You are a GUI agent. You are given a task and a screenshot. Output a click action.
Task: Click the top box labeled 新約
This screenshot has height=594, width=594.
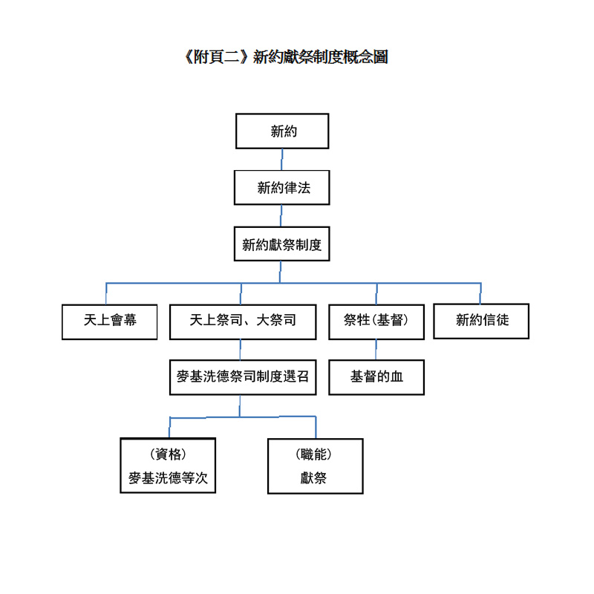click(282, 131)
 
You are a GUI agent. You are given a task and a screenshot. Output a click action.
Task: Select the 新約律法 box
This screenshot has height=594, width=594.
click(282, 188)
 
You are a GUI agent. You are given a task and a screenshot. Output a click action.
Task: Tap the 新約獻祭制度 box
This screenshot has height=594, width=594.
click(282, 244)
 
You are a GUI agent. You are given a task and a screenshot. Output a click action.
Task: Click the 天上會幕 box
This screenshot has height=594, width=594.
click(109, 322)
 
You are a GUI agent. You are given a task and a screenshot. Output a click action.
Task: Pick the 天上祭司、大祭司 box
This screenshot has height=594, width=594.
click(243, 322)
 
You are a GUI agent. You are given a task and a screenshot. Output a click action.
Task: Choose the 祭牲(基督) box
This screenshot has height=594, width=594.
click(376, 322)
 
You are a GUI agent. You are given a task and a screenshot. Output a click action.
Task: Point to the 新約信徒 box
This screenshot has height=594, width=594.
click(481, 322)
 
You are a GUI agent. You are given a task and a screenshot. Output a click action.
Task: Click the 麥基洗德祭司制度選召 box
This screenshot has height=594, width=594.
click(243, 377)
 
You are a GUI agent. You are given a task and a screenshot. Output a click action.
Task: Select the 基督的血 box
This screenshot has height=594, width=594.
click(376, 377)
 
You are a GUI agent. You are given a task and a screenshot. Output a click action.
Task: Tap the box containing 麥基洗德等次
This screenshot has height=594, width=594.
click(168, 466)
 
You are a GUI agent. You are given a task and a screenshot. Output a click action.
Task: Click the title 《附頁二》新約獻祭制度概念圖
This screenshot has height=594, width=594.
click(286, 57)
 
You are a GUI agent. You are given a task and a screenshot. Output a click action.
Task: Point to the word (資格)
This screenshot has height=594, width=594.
click(168, 454)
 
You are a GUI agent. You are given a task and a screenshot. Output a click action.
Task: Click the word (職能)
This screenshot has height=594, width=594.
click(313, 454)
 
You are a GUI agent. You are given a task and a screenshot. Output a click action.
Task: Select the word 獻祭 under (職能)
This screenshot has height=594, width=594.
click(313, 477)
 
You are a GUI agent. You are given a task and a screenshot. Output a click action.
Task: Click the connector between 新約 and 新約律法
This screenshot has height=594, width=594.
click(282, 160)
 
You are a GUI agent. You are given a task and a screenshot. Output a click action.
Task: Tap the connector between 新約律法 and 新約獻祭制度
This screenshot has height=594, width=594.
click(281, 216)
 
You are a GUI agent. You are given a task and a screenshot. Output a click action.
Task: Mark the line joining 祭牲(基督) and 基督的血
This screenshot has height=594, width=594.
click(376, 350)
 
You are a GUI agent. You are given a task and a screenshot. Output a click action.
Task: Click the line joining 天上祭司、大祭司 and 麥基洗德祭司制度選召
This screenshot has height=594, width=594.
click(240, 350)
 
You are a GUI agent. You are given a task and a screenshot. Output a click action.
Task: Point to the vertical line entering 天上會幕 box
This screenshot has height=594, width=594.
click(106, 293)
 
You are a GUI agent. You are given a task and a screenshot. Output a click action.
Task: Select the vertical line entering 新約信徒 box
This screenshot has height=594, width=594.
click(480, 293)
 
